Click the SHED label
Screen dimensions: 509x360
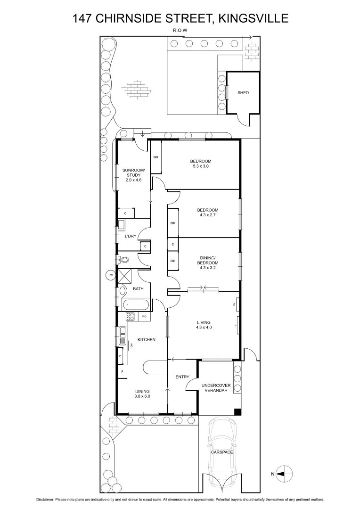click(243, 93)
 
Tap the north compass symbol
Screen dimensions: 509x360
click(285, 473)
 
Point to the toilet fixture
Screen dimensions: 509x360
click(124, 259)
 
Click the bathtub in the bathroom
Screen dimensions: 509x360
click(136, 304)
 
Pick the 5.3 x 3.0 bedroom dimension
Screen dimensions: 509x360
click(200, 166)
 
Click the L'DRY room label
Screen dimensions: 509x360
click(131, 236)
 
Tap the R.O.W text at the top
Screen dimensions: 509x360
click(180, 31)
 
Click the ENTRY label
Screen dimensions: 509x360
click(182, 377)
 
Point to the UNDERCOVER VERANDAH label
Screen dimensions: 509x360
click(215, 388)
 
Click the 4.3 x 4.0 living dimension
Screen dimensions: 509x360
click(204, 327)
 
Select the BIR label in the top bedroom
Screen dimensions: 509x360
click(155, 157)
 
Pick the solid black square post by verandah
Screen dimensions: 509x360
click(238, 411)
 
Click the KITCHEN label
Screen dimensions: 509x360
click(146, 339)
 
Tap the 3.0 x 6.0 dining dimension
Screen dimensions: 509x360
click(142, 396)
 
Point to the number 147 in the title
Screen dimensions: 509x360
click(83, 18)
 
